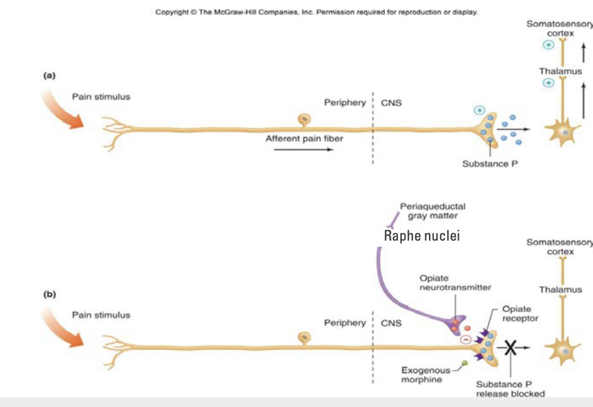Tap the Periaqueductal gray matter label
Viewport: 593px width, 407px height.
[433, 211]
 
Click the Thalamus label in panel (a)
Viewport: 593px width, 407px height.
[560, 71]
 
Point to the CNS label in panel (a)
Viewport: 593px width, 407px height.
[391, 103]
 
